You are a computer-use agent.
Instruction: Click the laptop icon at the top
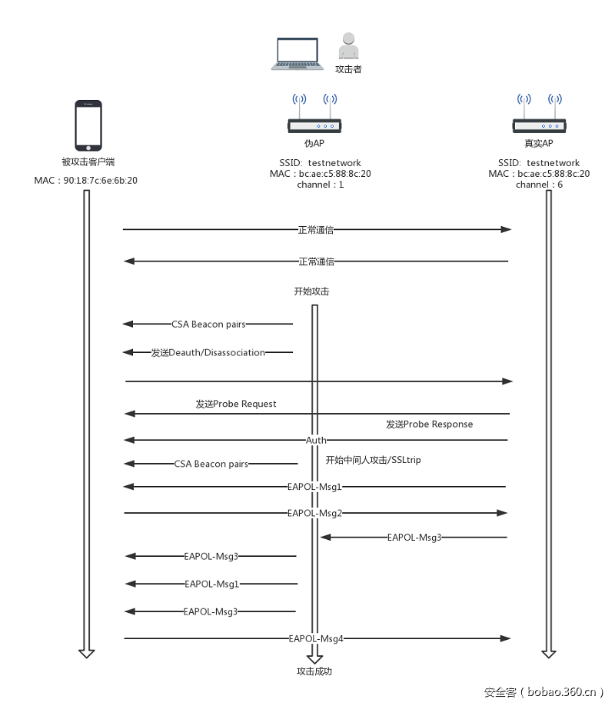[297, 55]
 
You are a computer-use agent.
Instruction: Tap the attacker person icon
[348, 46]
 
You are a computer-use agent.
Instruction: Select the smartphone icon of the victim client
[88, 125]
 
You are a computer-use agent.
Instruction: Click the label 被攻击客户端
[88, 162]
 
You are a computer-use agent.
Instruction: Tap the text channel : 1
[321, 185]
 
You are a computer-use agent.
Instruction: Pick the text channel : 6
[539, 185]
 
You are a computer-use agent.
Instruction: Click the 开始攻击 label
[311, 291]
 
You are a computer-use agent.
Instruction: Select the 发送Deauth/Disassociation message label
[208, 352]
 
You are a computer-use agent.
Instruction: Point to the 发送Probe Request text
[235, 404]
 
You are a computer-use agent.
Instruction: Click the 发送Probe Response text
[429, 424]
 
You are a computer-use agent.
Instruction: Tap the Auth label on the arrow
[316, 440]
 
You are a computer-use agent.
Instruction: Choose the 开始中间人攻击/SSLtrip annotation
[373, 460]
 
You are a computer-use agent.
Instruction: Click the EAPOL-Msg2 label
[314, 512]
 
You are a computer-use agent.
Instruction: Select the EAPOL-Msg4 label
[315, 638]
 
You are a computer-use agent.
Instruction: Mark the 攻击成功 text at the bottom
[314, 671]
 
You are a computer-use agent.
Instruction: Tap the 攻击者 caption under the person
[348, 69]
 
